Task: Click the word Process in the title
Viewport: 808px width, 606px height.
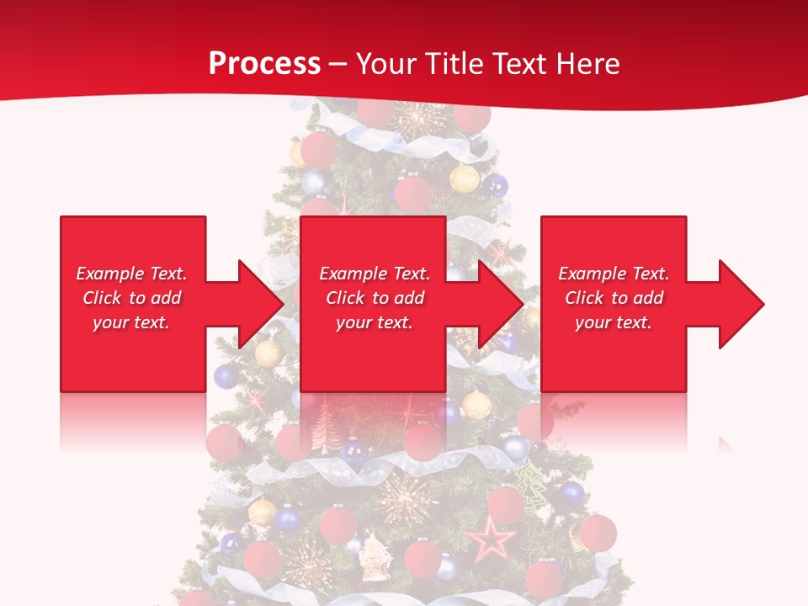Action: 264,64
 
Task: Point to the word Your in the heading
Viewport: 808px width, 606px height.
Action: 386,64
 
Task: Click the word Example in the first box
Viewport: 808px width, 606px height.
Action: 109,274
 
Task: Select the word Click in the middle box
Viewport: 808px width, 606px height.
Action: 344,298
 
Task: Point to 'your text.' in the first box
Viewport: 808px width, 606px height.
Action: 131,322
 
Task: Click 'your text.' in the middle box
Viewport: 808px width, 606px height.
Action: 374,322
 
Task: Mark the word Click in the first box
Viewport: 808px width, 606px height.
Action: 101,298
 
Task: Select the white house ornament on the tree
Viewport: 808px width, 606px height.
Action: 374,556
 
